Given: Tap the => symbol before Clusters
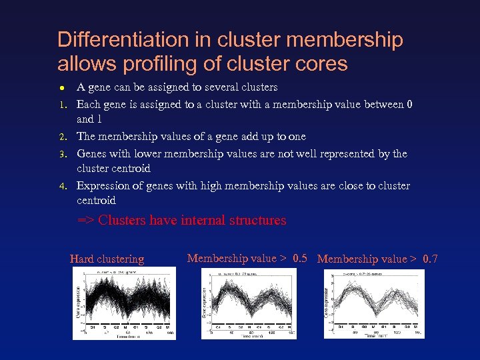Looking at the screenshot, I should (86, 221).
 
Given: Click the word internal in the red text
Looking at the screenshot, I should (201, 220).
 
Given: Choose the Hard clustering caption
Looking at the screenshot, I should (107, 259).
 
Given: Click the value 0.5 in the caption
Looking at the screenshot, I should (299, 258).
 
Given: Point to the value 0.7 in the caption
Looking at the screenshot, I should (430, 259).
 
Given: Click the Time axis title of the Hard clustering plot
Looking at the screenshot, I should (125, 337).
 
